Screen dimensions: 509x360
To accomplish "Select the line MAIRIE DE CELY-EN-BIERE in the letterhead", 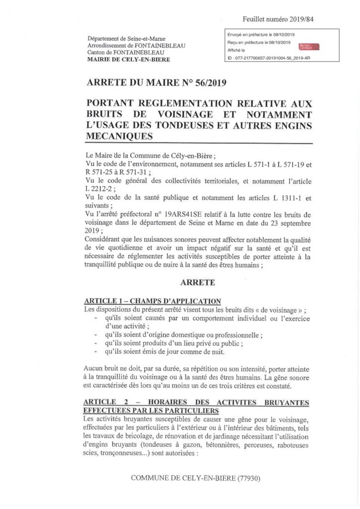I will (128, 60).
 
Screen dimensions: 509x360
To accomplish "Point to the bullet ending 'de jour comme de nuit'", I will (170, 352).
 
